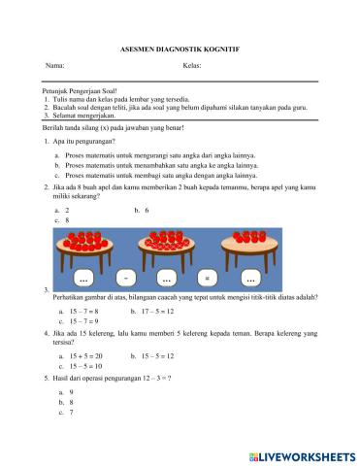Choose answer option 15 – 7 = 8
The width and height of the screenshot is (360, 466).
[82, 311]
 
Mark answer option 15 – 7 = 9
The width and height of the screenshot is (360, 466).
[82, 321]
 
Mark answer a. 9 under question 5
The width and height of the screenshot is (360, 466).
[68, 391]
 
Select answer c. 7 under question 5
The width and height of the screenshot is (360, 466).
[68, 413]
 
